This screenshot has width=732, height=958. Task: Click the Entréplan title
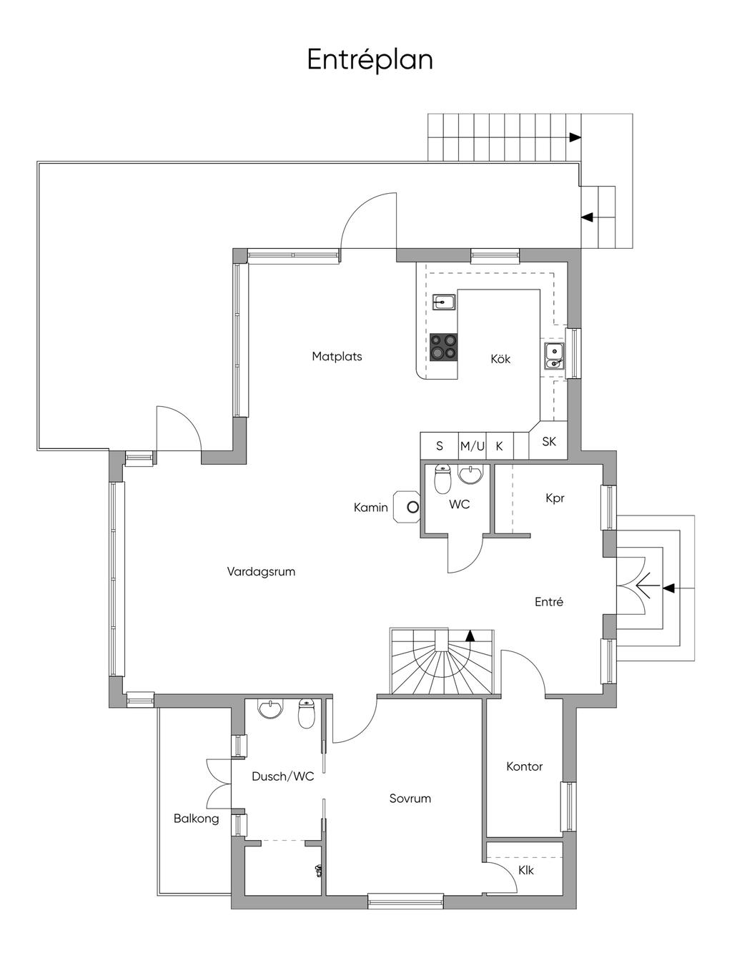(x=370, y=60)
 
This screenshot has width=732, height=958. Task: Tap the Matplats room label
(x=337, y=357)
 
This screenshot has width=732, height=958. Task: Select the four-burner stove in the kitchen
(x=444, y=347)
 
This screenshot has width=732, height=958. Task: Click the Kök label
(x=500, y=359)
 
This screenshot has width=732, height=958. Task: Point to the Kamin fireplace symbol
(x=407, y=507)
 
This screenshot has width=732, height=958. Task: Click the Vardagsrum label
(x=261, y=571)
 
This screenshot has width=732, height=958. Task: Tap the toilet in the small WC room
(x=442, y=478)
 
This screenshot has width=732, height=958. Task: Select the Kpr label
(x=555, y=498)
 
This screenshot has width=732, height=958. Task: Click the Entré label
(x=549, y=602)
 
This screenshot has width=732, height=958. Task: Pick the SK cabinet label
(x=549, y=442)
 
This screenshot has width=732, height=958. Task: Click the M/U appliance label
(x=472, y=446)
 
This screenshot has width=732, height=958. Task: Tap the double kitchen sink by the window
(x=554, y=356)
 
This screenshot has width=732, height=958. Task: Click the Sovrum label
(x=410, y=799)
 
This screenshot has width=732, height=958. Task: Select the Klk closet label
(x=525, y=870)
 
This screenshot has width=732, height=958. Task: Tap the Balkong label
(x=196, y=819)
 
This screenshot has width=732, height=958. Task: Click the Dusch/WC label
(x=282, y=776)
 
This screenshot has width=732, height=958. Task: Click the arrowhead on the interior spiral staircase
(x=470, y=635)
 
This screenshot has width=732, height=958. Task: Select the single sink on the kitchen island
(x=444, y=302)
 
